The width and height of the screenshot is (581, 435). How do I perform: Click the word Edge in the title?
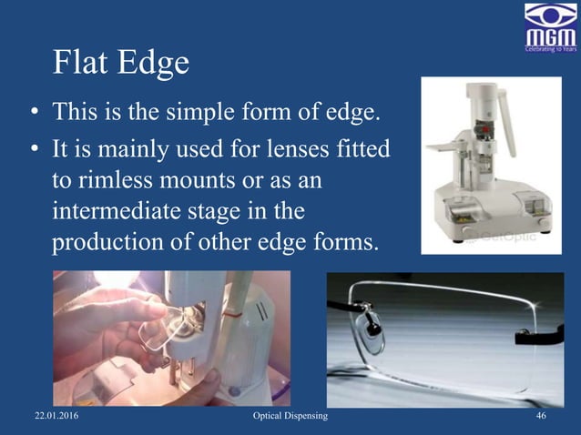[154, 64]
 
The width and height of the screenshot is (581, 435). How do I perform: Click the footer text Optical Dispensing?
[290, 416]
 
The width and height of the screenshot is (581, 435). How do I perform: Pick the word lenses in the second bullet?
[289, 147]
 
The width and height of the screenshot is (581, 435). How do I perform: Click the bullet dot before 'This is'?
[33, 115]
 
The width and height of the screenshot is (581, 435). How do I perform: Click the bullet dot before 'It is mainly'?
[33, 148]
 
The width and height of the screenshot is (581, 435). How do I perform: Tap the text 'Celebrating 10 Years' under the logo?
[549, 49]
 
